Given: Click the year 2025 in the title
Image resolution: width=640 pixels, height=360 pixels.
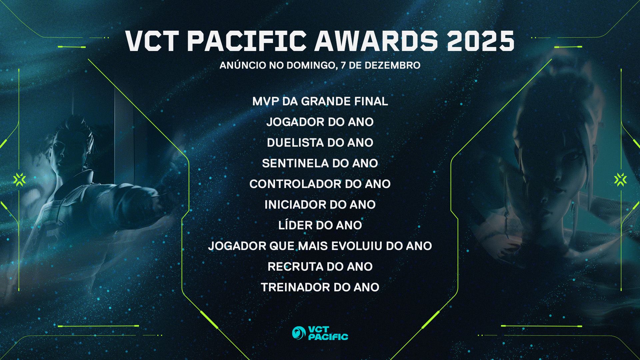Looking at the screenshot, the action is (x=480, y=41).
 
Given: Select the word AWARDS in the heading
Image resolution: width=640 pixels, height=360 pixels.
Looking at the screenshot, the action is (x=376, y=41).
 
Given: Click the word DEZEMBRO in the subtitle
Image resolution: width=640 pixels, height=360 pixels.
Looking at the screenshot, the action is (x=392, y=65).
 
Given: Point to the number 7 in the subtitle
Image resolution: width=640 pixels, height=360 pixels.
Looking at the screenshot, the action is (x=343, y=65).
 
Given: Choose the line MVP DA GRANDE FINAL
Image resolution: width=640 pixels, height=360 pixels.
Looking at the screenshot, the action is (x=320, y=101).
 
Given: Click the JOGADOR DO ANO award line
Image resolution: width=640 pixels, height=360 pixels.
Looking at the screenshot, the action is (x=320, y=122).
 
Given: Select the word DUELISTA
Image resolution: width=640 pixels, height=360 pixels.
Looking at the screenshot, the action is (x=296, y=143).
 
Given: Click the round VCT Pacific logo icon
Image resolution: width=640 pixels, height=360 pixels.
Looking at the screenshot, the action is (x=299, y=333).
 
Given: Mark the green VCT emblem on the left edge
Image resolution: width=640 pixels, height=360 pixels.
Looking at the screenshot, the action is (x=20, y=180).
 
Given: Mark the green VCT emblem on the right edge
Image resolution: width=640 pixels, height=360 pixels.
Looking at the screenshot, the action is (x=620, y=180).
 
